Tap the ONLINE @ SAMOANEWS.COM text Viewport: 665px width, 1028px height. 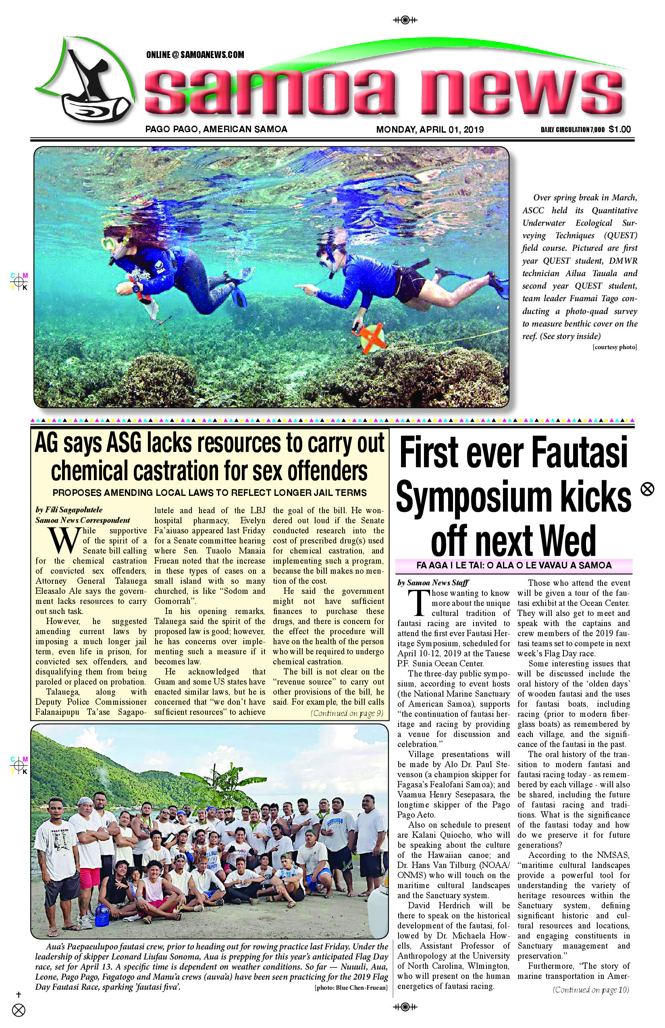(195, 55)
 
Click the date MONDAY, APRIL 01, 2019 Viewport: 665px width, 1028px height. (430, 129)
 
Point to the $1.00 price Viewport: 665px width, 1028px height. (620, 129)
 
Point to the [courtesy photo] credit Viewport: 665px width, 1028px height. (615, 347)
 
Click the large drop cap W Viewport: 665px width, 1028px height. (64, 540)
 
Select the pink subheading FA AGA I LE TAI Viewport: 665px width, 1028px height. (513, 565)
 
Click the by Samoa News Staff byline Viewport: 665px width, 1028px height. (433, 583)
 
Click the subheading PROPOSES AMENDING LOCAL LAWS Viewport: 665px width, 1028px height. (210, 493)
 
